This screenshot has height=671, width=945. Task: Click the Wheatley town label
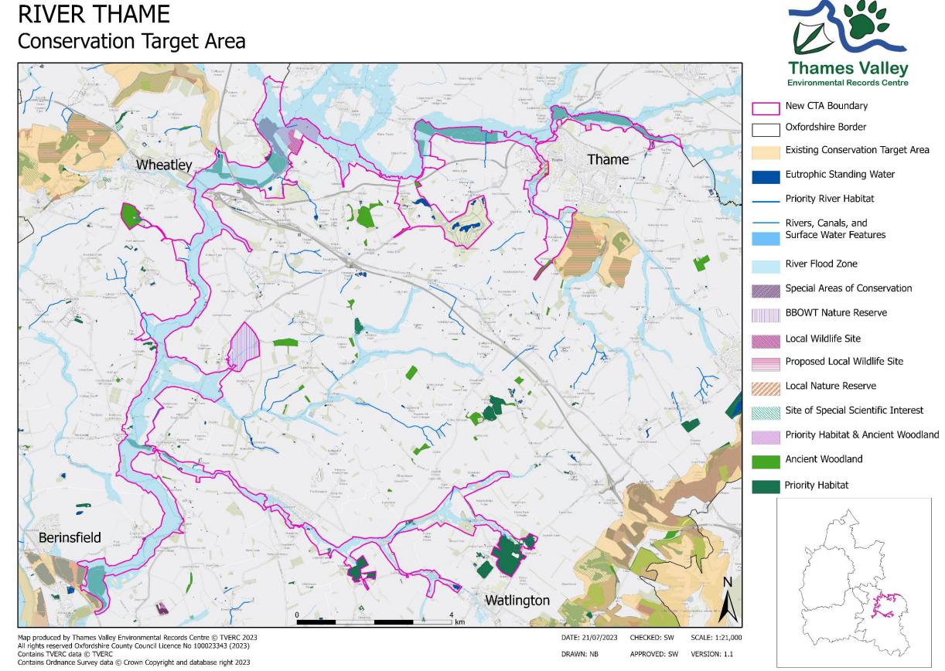[164, 165]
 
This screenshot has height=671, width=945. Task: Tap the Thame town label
[608, 159]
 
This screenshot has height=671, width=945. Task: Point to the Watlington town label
[517, 600]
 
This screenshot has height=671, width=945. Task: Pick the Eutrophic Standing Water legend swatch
[766, 175]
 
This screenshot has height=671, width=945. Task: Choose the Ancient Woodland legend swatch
[766, 460]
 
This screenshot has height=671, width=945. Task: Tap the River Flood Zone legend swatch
[766, 265]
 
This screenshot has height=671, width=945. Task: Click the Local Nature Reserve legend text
[831, 386]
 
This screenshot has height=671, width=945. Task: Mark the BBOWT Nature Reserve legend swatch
[766, 314]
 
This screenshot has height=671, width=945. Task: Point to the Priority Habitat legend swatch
[766, 486]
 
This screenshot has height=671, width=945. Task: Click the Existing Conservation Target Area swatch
[766, 151]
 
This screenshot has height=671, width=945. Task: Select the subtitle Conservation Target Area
[131, 41]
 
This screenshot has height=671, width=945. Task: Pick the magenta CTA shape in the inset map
[886, 604]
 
